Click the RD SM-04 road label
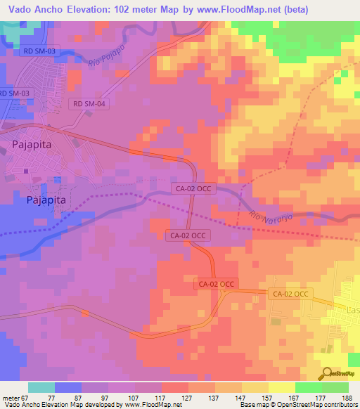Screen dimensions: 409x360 [x=89, y=104]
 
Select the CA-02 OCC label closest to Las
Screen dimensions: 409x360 [x=290, y=294]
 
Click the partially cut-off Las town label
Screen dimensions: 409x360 [x=351, y=310]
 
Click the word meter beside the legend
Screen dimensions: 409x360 [x=10, y=398]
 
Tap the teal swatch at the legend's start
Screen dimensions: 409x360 [x=41, y=387]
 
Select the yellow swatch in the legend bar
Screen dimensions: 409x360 [x=282, y=387]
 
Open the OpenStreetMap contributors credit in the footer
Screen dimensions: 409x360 [x=323, y=405]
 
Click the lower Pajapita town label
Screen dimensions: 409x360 [x=46, y=200]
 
